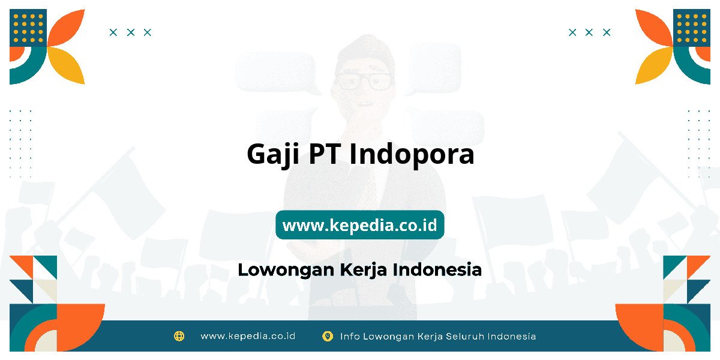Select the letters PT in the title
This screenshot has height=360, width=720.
click(325, 154)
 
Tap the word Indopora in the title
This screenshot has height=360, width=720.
click(412, 155)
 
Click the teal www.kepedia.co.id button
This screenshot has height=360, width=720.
click(359, 224)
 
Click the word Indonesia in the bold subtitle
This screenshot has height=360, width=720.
click(437, 269)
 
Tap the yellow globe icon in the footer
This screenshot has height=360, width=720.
click(179, 336)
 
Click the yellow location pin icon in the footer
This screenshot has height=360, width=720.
click(328, 336)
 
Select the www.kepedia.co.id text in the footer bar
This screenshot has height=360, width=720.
click(248, 336)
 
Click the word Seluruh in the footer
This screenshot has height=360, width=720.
click(465, 336)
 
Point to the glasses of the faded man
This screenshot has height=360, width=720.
click(364, 82)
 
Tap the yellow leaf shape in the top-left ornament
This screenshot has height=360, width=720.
click(66, 65)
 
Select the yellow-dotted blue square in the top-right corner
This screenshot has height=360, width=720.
click(692, 28)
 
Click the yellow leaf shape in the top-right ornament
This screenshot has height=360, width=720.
click(654, 65)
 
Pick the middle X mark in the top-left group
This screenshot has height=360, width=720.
click(131, 32)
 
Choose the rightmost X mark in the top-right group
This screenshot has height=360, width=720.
click(607, 32)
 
